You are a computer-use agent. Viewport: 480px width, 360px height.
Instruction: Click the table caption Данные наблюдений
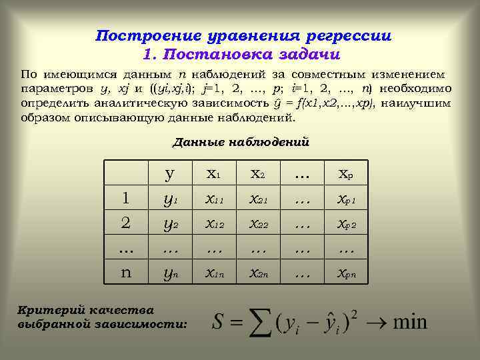pos(241,141)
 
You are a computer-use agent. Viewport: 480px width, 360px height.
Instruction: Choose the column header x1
pos(214,174)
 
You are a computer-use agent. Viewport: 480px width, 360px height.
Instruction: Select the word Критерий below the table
pos(49,310)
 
